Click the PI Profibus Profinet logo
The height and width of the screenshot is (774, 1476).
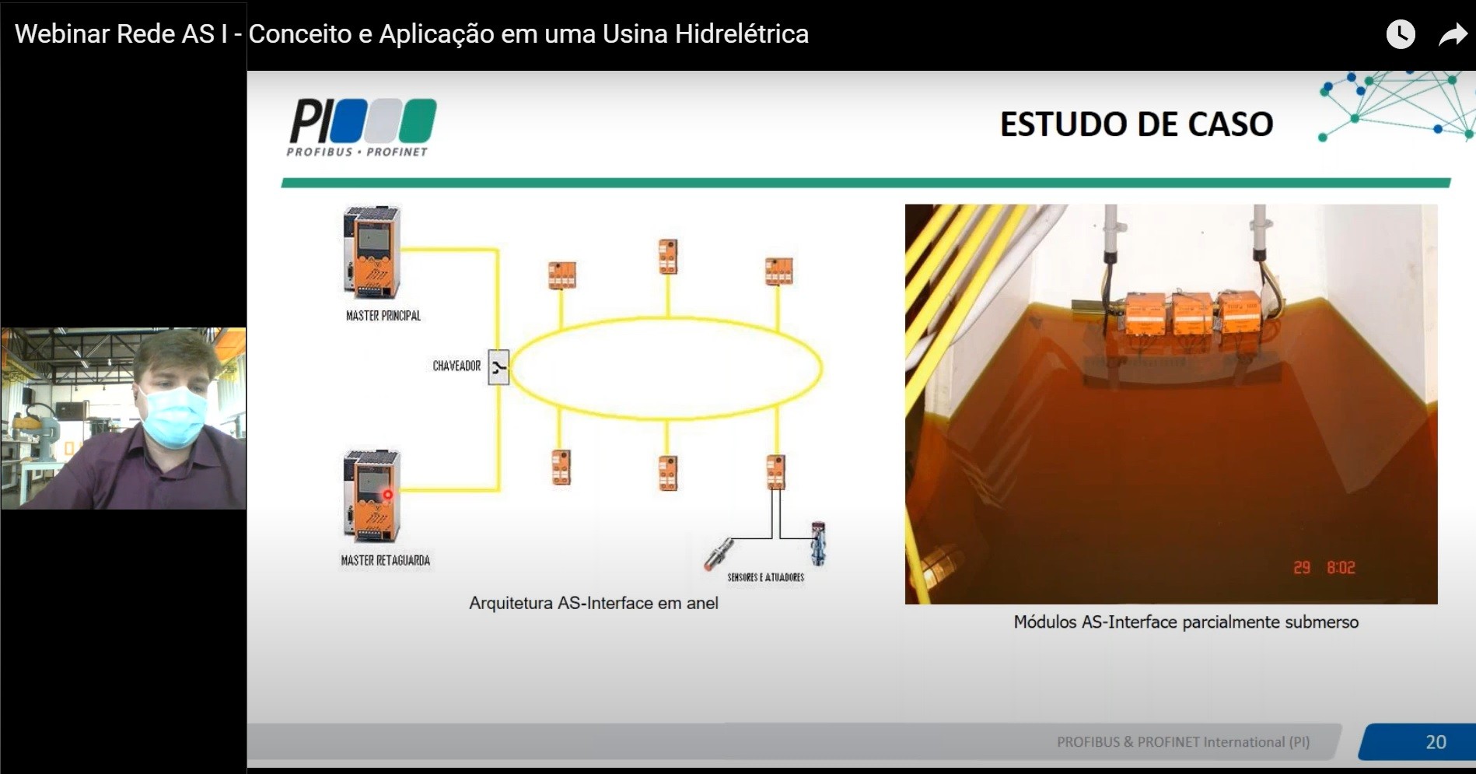coord(362,128)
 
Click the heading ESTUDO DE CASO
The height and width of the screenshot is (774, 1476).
coord(1136,124)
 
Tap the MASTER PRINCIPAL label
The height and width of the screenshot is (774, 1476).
coord(383,316)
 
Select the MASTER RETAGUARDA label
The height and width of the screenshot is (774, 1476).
coord(385,560)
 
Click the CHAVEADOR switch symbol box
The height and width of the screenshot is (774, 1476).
coord(498,367)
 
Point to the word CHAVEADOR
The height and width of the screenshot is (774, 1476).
coord(456,366)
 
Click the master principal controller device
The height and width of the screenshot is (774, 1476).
coord(372,252)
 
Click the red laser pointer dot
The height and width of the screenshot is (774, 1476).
coord(387,494)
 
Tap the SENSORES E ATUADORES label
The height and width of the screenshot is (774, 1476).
coord(766,577)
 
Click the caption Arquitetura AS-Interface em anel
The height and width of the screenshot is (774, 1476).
coord(593,603)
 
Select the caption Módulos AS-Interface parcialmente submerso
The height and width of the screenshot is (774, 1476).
coord(1186,622)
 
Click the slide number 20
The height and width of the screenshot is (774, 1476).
coord(1436,742)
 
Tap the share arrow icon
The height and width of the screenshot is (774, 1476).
coord(1453,34)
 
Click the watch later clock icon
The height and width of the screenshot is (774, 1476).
coord(1401,34)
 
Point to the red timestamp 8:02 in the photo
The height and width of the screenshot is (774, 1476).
coord(1341,568)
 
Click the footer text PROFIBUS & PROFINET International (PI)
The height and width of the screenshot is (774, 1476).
coord(1183,742)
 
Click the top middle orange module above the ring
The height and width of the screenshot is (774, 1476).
coord(667,257)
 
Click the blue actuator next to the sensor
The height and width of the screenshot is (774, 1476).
coord(817,543)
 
